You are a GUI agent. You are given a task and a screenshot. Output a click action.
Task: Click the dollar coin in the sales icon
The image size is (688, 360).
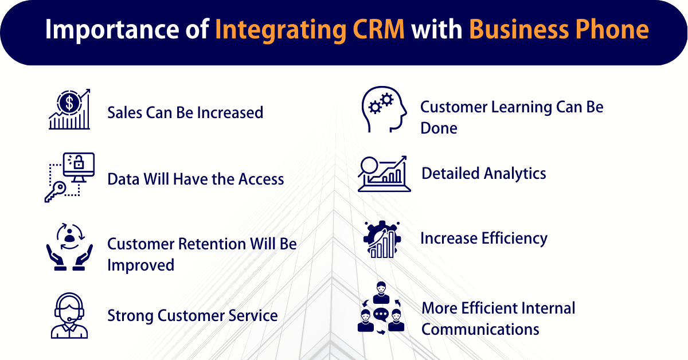tap(69, 103)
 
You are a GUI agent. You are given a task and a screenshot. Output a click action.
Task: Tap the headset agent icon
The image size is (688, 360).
tap(69, 315)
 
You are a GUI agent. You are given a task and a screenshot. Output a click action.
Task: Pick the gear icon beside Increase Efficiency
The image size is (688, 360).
tap(381, 238)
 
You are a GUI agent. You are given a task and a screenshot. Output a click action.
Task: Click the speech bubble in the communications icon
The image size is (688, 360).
tap(381, 315)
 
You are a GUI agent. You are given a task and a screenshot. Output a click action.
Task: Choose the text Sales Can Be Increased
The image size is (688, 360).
tap(185, 112)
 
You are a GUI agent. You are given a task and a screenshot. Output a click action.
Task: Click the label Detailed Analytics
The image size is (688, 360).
tap(484, 173)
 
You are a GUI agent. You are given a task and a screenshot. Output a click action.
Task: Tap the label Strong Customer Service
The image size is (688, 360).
tap(193, 315)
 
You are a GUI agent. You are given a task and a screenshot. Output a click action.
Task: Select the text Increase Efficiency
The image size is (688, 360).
tap(484, 238)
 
